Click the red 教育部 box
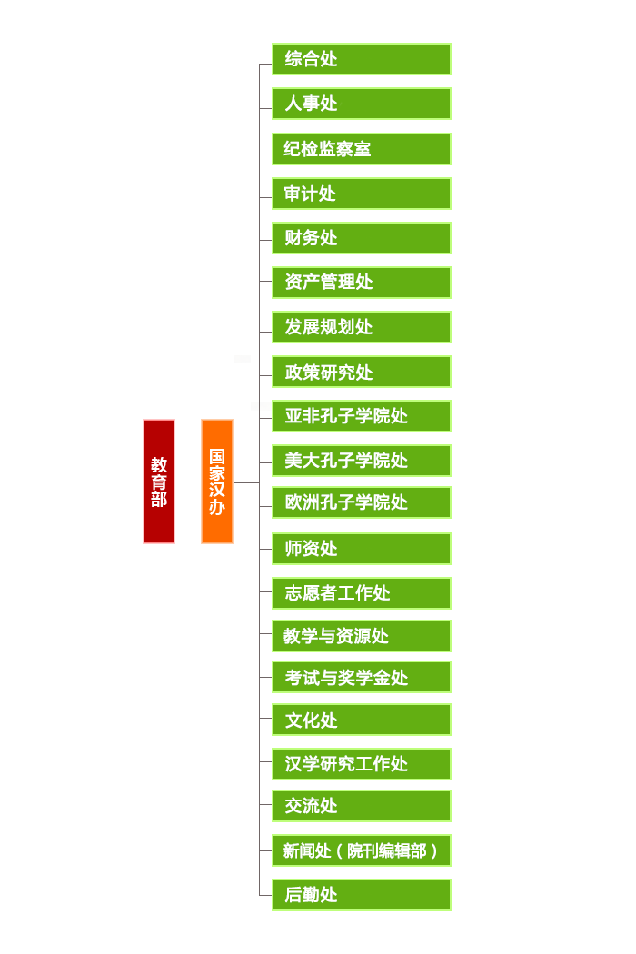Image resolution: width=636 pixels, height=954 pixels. click(159, 482)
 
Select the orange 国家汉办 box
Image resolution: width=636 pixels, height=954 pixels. click(217, 482)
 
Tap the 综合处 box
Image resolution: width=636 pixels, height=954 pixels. click(362, 59)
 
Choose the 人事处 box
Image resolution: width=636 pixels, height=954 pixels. click(362, 104)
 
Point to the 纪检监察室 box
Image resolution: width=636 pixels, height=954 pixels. click(362, 149)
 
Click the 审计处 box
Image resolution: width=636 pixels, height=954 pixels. click(362, 194)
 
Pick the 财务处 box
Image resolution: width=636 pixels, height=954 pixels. click(362, 238)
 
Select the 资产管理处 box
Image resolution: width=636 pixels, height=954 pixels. click(362, 283)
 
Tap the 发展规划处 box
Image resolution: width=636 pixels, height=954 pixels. click(362, 327)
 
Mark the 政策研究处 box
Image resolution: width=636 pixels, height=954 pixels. click(362, 372)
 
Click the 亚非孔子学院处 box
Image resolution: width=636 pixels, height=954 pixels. click(362, 416)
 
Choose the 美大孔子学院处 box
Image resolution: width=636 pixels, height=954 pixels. click(362, 461)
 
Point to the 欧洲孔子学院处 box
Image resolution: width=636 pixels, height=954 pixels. click(362, 502)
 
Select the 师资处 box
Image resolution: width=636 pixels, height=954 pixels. click(362, 549)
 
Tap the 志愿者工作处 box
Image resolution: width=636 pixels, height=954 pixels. click(362, 593)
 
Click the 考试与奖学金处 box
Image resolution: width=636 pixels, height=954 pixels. click(362, 677)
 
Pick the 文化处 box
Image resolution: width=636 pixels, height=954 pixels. click(362, 720)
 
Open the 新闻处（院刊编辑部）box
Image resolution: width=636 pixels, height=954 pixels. click(362, 850)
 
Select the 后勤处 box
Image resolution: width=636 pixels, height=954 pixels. click(362, 895)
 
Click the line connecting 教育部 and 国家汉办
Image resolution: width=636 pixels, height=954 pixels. click(188, 482)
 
